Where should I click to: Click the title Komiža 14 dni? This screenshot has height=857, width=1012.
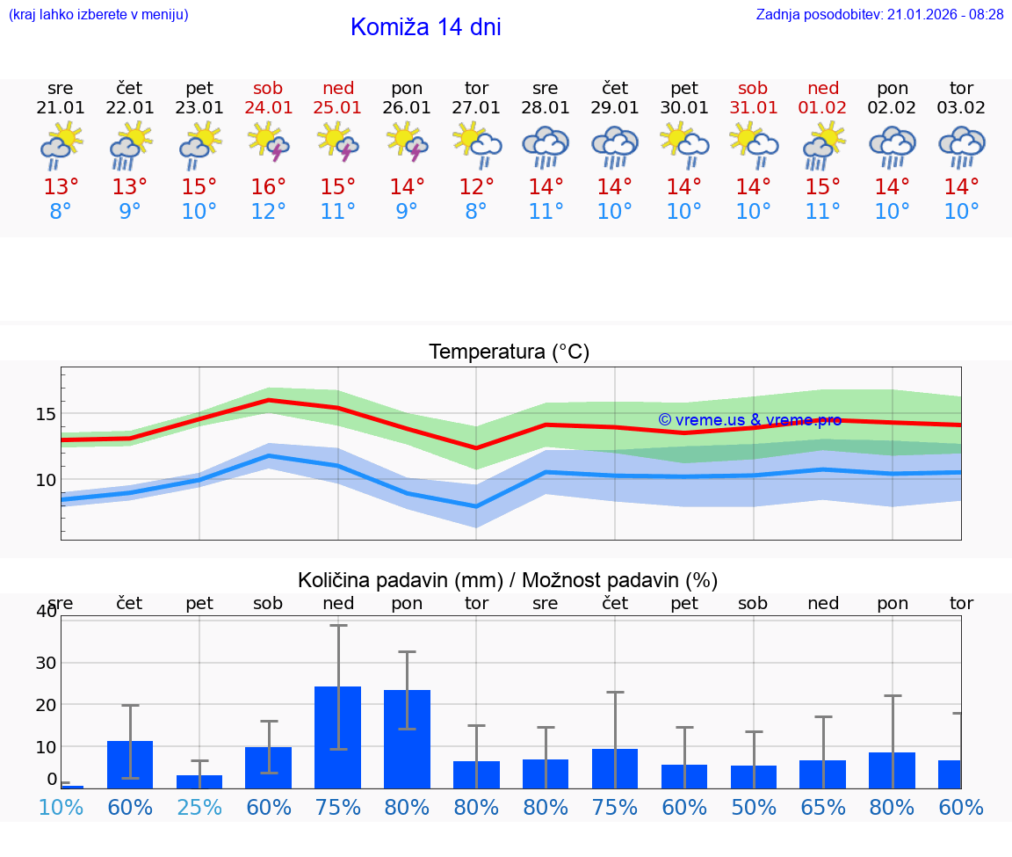pyautogui.click(x=425, y=27)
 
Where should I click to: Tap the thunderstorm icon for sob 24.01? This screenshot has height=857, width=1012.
pyautogui.click(x=269, y=142)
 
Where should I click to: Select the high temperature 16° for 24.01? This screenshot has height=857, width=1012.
pyautogui.click(x=269, y=187)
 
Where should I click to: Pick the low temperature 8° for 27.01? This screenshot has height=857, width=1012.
pyautogui.click(x=476, y=212)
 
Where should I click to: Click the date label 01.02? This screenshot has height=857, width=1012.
pyautogui.click(x=823, y=108)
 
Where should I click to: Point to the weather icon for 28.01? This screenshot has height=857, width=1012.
pyautogui.click(x=546, y=145)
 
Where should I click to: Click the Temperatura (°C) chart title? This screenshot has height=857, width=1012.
pyautogui.click(x=509, y=352)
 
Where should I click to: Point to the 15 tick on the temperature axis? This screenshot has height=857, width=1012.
pyautogui.click(x=47, y=414)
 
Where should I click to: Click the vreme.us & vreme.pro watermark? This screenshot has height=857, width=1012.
pyautogui.click(x=749, y=420)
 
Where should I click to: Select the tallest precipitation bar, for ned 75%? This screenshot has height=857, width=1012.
pyautogui.click(x=338, y=737)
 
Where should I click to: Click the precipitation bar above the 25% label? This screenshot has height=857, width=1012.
pyautogui.click(x=199, y=781)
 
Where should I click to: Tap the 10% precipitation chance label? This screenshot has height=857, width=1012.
pyautogui.click(x=61, y=807)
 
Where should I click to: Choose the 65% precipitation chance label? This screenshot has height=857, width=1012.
pyautogui.click(x=823, y=807)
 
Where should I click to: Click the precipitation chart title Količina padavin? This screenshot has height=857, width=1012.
pyautogui.click(x=508, y=580)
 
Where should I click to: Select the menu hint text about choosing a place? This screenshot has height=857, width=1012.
pyautogui.click(x=98, y=15)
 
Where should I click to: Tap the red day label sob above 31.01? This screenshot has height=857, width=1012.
pyautogui.click(x=753, y=88)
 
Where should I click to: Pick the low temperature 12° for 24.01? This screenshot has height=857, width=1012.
pyautogui.click(x=269, y=212)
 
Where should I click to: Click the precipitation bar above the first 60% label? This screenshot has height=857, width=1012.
pyautogui.click(x=130, y=765)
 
